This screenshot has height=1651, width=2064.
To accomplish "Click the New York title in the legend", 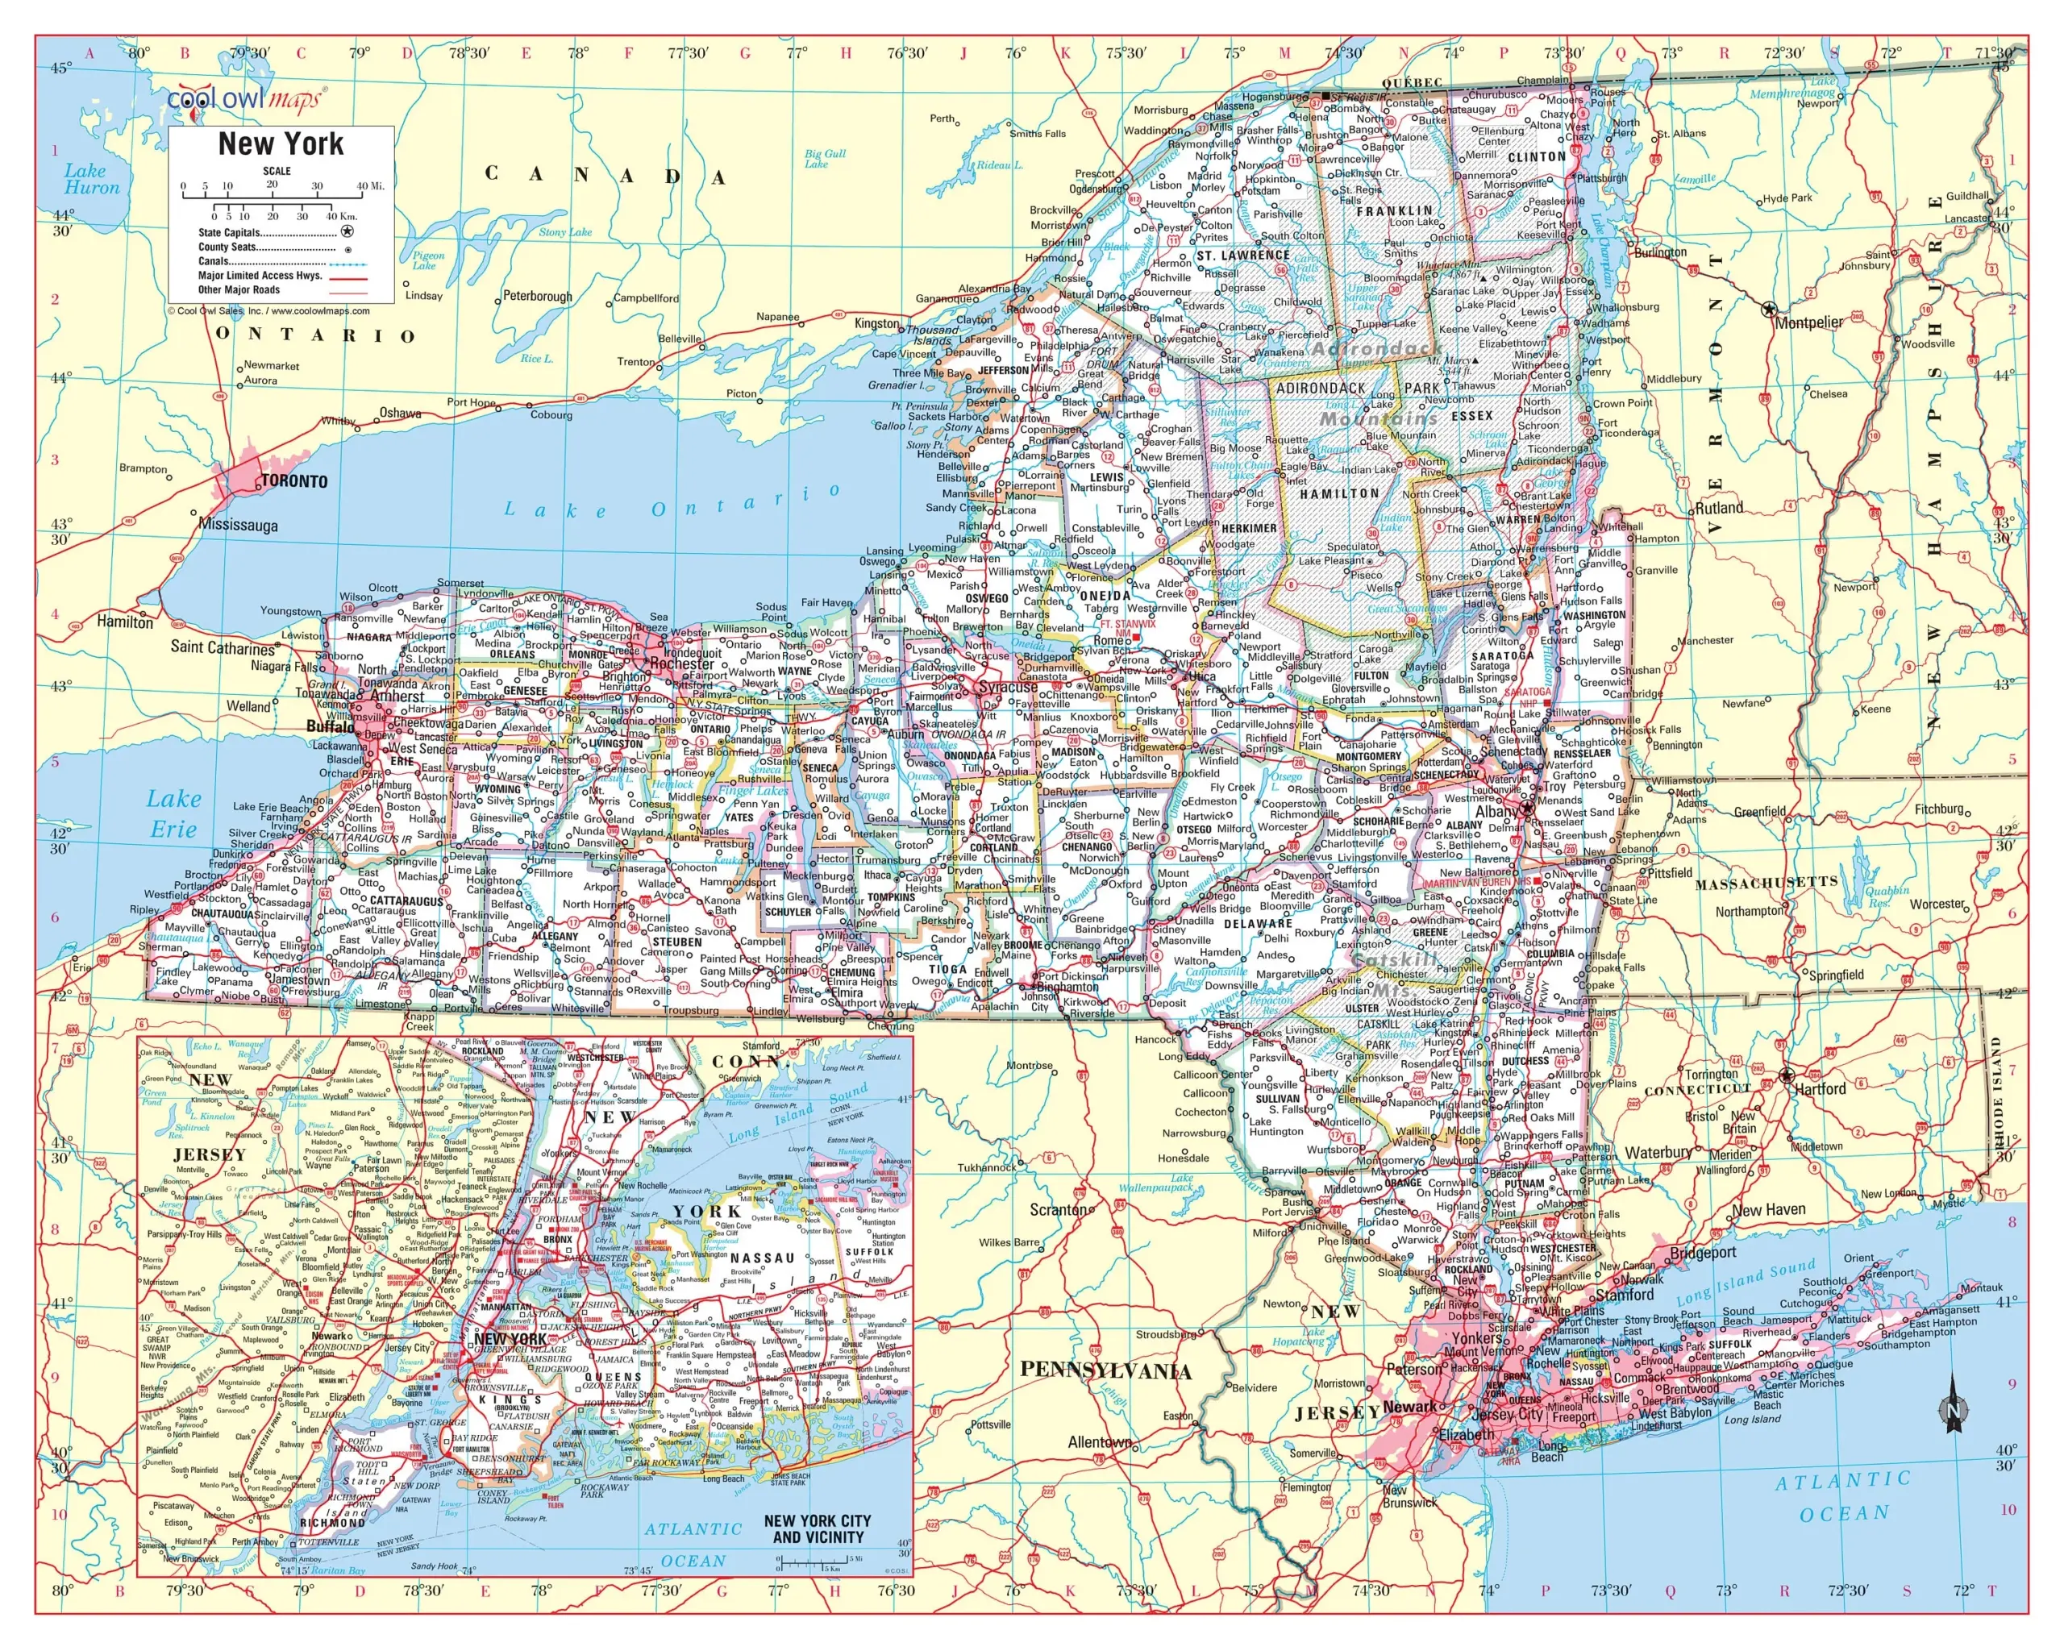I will click(281, 143).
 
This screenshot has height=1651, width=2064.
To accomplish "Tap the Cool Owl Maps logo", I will click(246, 98).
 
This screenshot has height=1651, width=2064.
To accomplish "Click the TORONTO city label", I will click(294, 481).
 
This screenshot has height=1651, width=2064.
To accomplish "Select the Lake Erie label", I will click(173, 813).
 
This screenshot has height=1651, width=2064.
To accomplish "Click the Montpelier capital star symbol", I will click(1769, 309).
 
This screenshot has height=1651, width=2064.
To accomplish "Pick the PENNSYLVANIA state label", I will click(1105, 1370).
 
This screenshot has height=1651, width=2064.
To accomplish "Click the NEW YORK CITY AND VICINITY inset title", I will click(817, 1528).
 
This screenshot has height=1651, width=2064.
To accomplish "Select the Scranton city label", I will click(1059, 1208).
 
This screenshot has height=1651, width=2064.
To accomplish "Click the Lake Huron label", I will click(92, 179).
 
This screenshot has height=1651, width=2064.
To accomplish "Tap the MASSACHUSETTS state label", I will click(1766, 883).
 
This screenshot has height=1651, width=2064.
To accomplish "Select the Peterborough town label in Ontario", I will click(537, 296).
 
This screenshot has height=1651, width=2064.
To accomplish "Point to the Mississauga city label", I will click(239, 525).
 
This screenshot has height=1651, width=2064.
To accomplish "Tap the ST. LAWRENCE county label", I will click(1242, 256).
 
